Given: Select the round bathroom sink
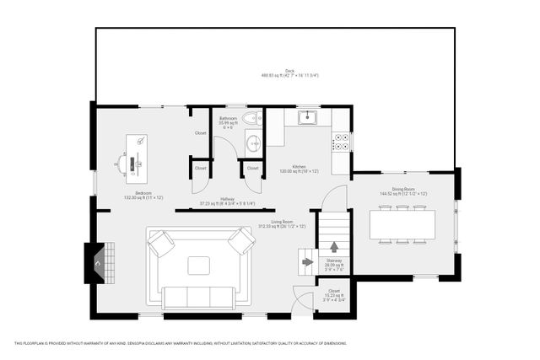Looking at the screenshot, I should (252, 142).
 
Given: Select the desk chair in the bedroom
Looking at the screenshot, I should (123, 162).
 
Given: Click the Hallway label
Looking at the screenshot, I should (228, 201).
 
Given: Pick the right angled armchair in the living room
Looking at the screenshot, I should (241, 244).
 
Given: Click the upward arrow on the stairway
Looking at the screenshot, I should (334, 247).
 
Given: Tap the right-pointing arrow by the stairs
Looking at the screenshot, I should (306, 262).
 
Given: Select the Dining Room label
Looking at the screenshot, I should (402, 191).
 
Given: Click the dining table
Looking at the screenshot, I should (402, 223).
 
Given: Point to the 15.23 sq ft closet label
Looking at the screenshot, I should (334, 294).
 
